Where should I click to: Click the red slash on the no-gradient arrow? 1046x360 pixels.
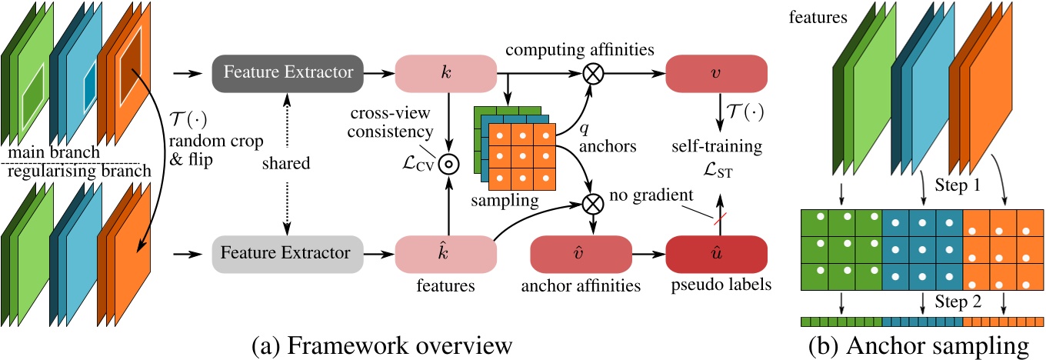(x=716, y=218)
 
